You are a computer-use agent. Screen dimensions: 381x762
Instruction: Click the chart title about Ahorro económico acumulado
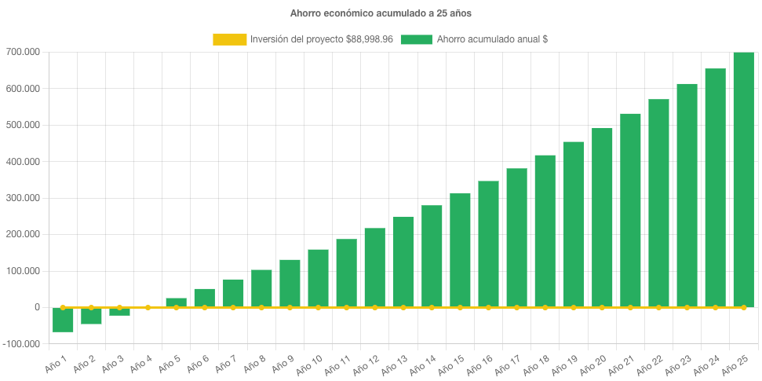(x=381, y=13)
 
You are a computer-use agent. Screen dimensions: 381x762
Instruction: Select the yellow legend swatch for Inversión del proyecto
(x=228, y=39)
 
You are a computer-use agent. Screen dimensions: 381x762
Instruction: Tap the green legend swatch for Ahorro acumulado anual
(x=416, y=39)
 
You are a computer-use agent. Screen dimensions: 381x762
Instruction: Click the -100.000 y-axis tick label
(x=24, y=344)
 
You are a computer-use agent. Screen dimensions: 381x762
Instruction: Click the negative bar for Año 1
(x=63, y=320)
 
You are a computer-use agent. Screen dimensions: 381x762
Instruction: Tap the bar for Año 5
(x=176, y=302)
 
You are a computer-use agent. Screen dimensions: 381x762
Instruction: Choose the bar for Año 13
(x=403, y=262)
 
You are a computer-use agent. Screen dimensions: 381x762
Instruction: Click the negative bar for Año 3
(x=119, y=312)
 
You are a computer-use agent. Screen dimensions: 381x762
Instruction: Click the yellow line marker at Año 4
(x=148, y=307)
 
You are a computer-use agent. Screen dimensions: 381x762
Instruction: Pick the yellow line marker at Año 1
(x=63, y=307)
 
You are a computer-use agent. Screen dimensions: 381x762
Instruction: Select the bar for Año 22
(x=658, y=203)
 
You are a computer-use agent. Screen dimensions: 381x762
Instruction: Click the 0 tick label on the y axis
(x=37, y=307)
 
